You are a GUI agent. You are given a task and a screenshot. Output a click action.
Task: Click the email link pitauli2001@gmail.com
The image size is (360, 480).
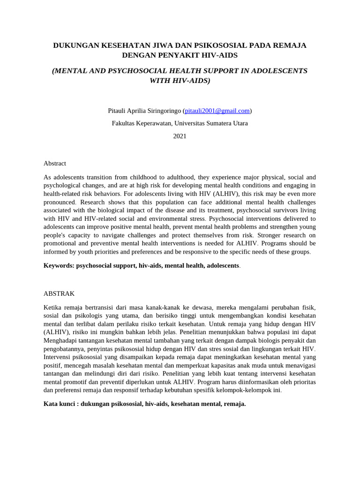coord(217,111)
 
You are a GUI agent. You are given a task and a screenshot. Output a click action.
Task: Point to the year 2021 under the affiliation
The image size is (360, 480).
coord(180,136)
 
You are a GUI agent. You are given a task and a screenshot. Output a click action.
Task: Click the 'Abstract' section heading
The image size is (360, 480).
coord(55,163)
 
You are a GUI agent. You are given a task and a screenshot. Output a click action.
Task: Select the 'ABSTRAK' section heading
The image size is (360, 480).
coord(59,293)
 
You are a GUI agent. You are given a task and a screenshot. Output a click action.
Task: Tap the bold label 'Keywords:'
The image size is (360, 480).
coord(59,265)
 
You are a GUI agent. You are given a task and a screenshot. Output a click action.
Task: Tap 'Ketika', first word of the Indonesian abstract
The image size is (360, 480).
coord(53,307)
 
